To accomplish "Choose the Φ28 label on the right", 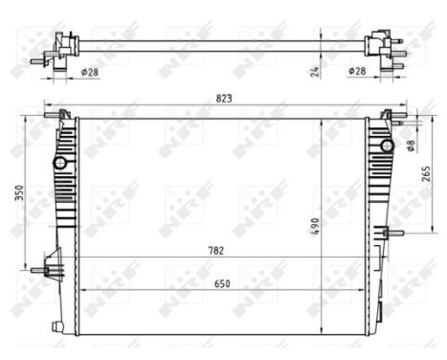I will (355, 71).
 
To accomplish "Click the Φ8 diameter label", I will (412, 146).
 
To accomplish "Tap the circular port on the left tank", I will (59, 163).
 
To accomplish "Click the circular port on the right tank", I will (387, 145).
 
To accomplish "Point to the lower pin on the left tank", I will (42, 270).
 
